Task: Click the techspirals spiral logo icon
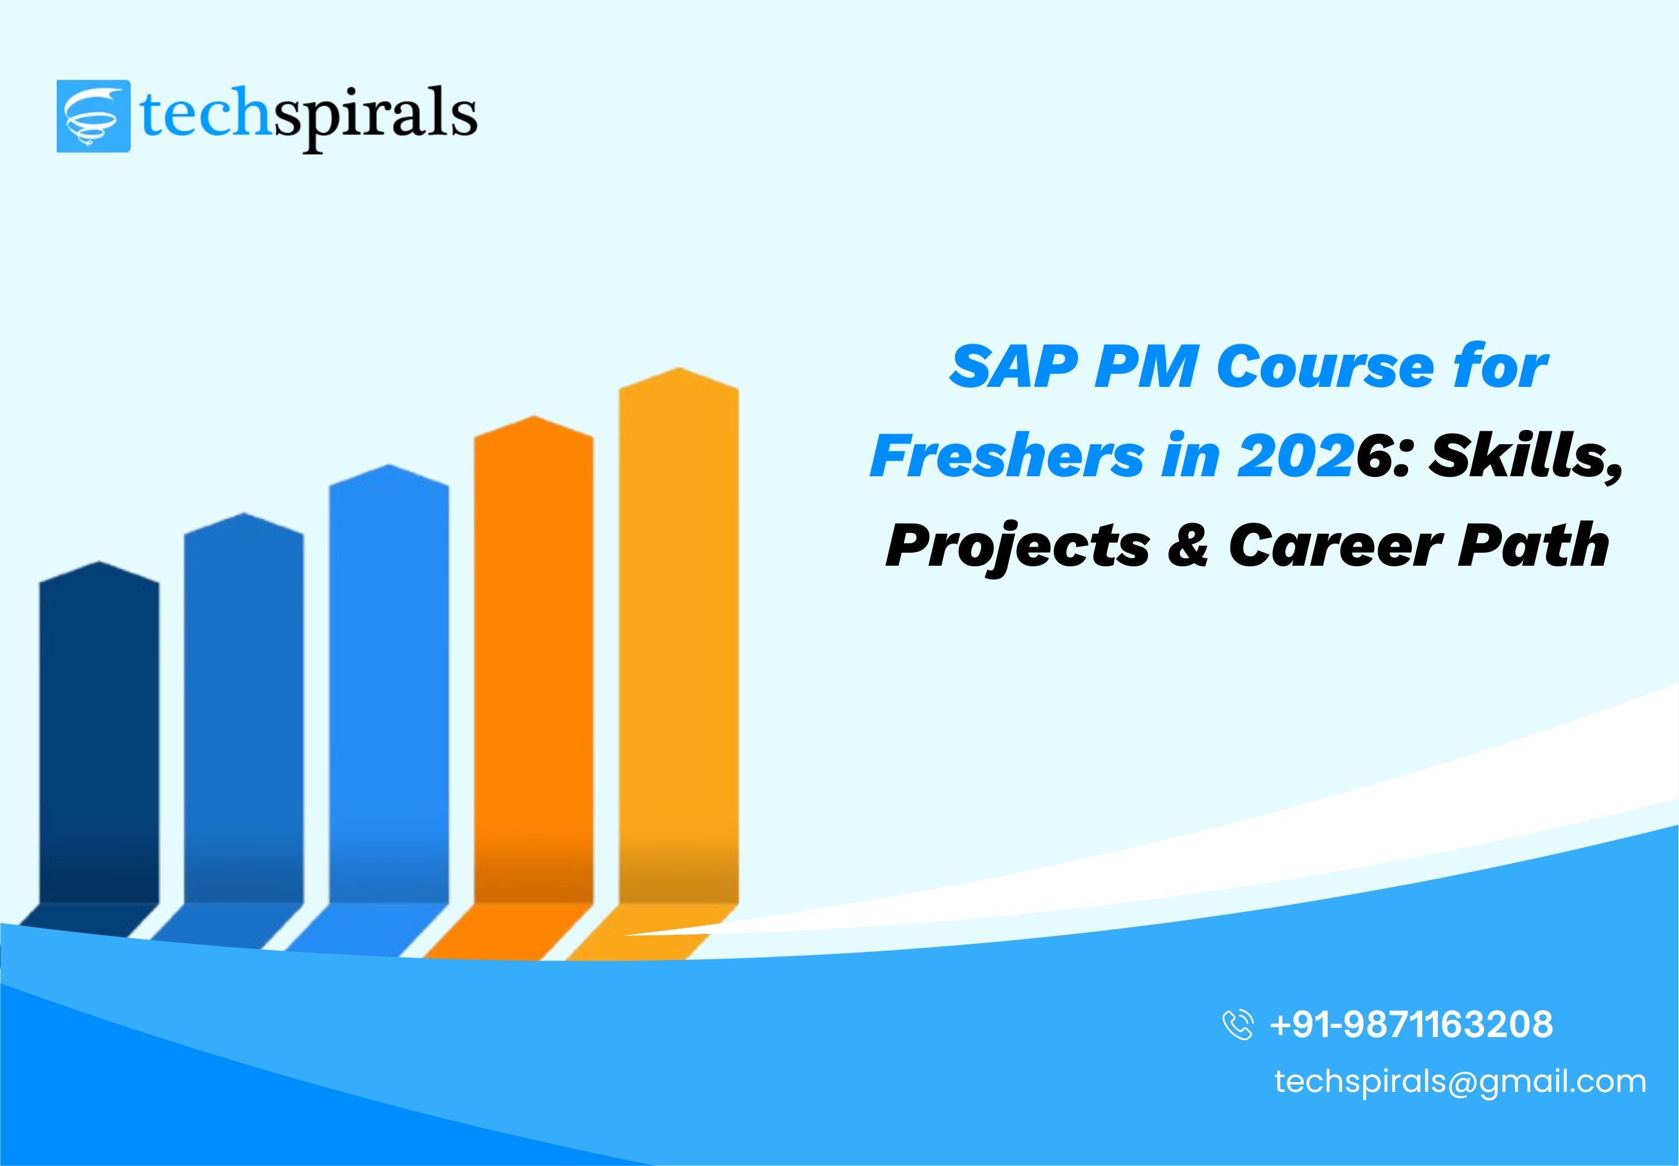click(x=94, y=116)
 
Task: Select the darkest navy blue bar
click(x=99, y=738)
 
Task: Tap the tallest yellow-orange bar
click(x=678, y=643)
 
